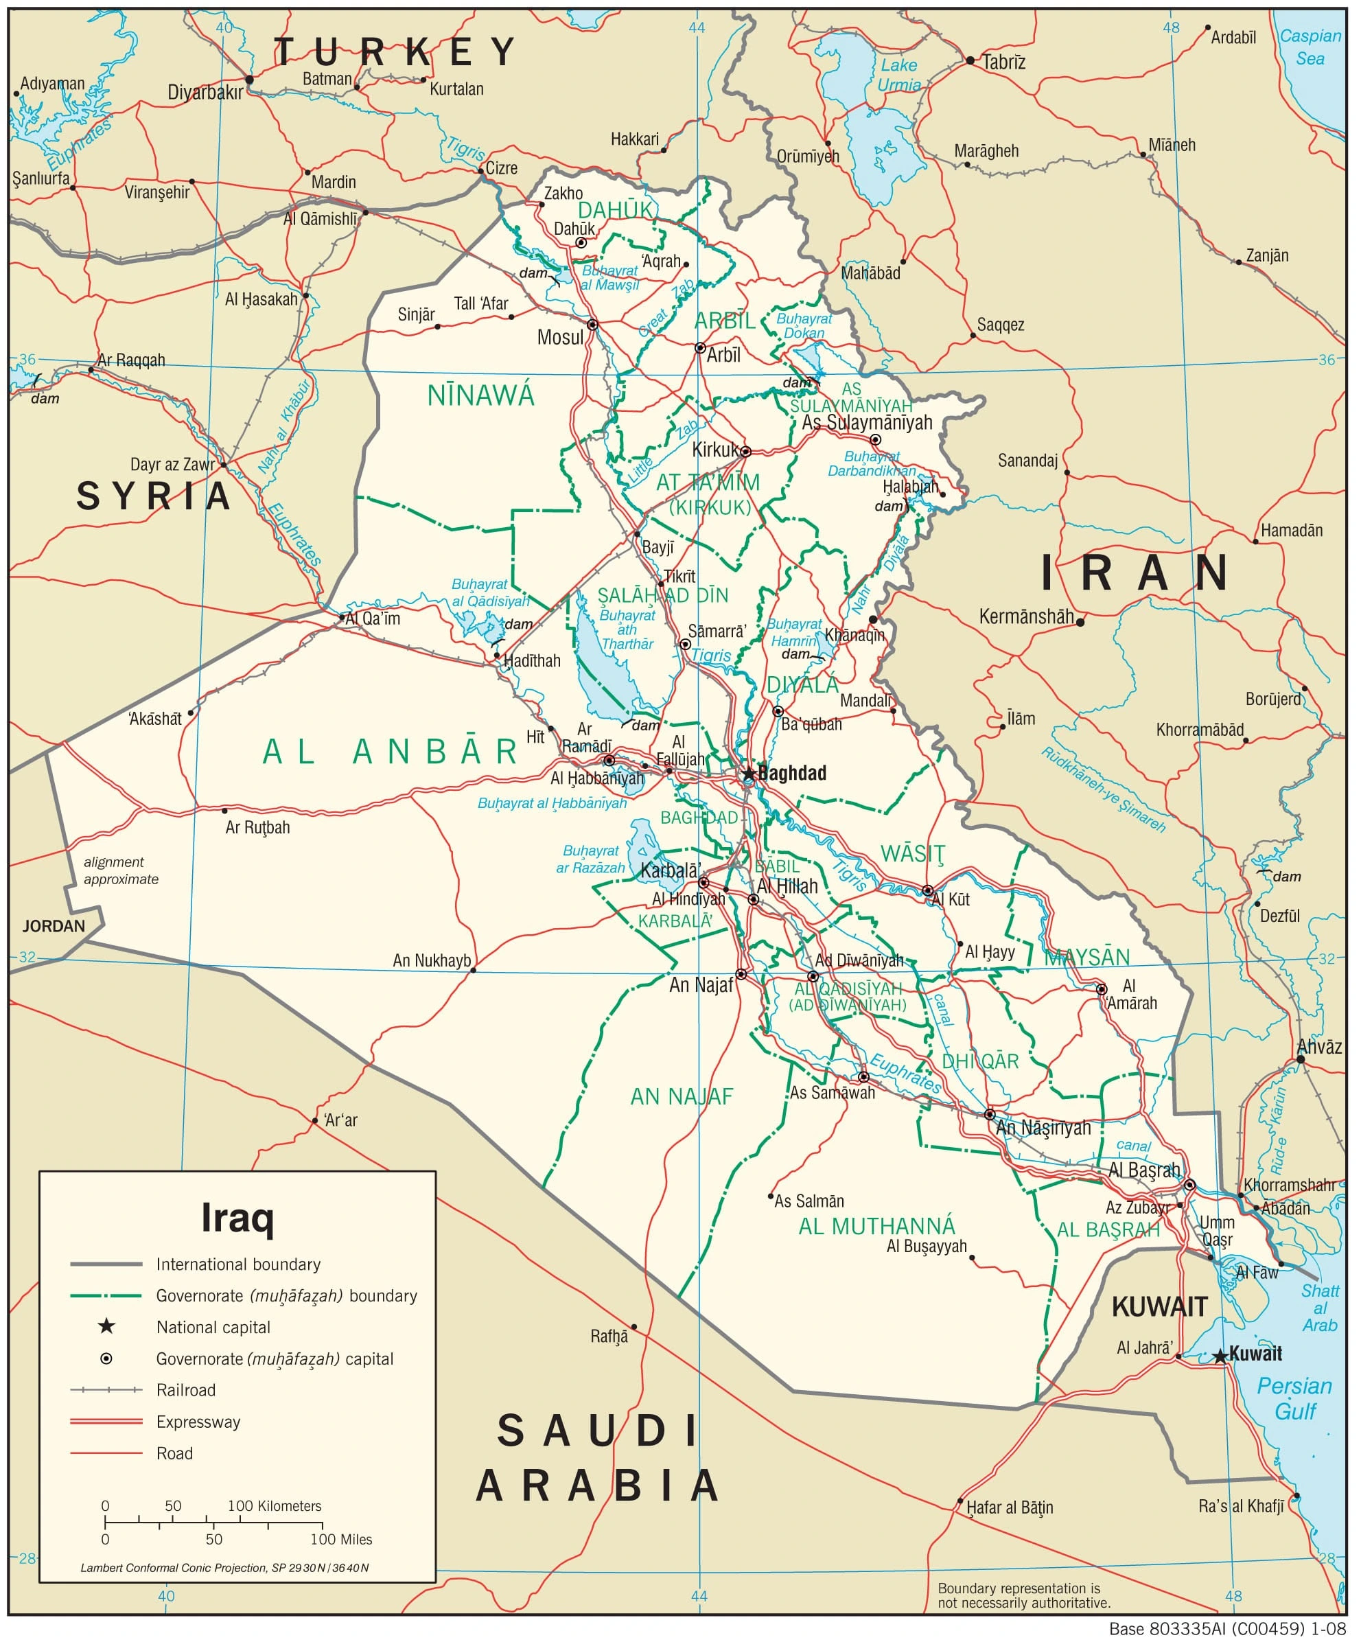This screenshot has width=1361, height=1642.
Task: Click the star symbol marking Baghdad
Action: pyautogui.click(x=748, y=774)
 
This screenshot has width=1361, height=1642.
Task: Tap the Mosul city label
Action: pyautogui.click(x=560, y=338)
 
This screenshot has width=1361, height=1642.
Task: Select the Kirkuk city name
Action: pyautogui.click(x=716, y=450)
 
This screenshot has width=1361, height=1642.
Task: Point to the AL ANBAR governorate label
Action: pyautogui.click(x=389, y=752)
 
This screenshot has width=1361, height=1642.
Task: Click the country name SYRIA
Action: pyautogui.click(x=154, y=496)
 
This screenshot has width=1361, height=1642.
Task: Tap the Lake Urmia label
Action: pyautogui.click(x=899, y=74)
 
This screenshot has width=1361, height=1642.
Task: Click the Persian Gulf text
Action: pyautogui.click(x=1294, y=1399)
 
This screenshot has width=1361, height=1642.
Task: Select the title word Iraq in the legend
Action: pyautogui.click(x=237, y=1217)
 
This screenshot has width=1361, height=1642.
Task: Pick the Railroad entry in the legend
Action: pyautogui.click(x=185, y=1389)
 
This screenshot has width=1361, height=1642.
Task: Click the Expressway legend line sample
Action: pyautogui.click(x=106, y=1422)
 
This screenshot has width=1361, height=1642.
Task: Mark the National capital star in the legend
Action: pyautogui.click(x=106, y=1326)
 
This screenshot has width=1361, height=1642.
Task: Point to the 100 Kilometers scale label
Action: pyautogui.click(x=275, y=1505)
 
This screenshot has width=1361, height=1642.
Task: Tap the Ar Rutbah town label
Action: pyautogui.click(x=257, y=826)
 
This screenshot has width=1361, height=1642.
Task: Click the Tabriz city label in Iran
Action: pyautogui.click(x=1003, y=62)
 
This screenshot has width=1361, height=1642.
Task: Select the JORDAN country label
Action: pyautogui.click(x=53, y=926)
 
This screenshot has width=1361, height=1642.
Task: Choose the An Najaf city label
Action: pyautogui.click(x=701, y=985)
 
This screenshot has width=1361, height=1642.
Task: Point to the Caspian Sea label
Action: pyautogui.click(x=1310, y=47)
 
